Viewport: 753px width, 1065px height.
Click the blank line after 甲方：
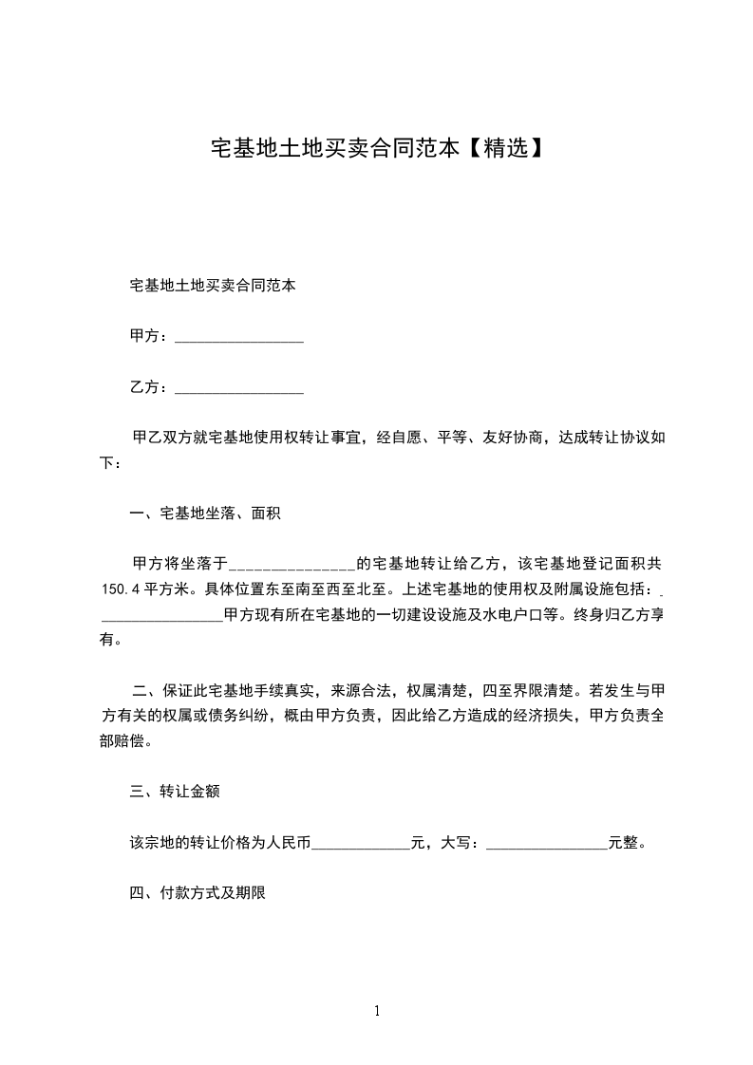coord(239,337)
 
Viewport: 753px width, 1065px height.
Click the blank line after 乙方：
coord(239,388)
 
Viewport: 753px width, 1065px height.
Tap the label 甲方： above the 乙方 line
coord(150,337)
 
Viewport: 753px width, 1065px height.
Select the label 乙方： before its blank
coord(150,388)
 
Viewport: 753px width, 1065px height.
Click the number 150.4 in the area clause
coord(121,589)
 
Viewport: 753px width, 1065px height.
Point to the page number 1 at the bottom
coord(377,1011)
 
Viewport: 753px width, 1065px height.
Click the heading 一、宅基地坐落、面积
coord(205,514)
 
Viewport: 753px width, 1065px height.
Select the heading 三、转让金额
coord(176,792)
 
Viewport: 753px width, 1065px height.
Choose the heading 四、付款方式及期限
coord(197,893)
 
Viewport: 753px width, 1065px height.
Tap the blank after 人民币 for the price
coord(361,843)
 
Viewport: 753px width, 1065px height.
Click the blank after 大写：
coord(546,843)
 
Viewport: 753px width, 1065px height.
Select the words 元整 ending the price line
coord(622,843)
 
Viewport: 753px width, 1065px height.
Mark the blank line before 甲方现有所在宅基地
coord(161,615)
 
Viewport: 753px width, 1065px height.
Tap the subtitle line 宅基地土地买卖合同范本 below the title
coord(213,285)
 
